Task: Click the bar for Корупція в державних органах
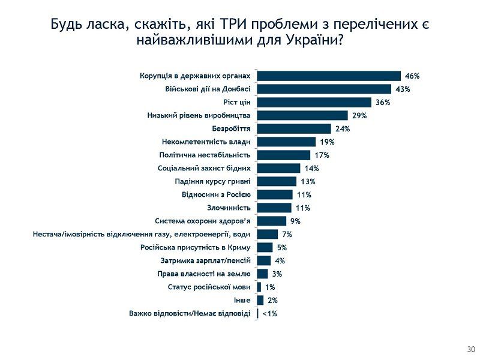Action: point(329,76)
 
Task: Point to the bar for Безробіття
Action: point(294,128)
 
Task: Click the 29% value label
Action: point(359,115)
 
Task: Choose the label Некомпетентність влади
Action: point(206,142)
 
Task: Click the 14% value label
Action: point(311,168)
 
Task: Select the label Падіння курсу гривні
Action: point(212,181)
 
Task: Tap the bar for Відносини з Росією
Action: point(275,194)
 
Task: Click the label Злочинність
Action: point(229,208)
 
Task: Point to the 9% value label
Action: point(294,221)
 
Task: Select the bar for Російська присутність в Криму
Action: point(265,247)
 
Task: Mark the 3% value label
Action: point(277,274)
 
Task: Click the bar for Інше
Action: point(260,300)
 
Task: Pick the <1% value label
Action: point(269,313)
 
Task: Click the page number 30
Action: point(470,349)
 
